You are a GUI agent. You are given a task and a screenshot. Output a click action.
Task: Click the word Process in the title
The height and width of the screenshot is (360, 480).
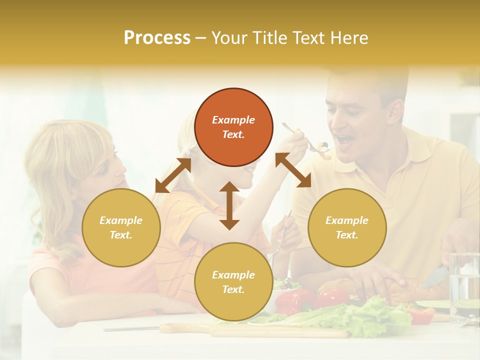[x=157, y=38]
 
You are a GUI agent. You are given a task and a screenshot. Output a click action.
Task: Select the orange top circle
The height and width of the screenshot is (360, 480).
[x=233, y=127]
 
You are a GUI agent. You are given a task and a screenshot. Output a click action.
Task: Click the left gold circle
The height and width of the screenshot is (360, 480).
[x=121, y=227]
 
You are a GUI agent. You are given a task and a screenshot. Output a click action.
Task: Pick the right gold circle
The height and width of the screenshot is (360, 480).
[x=347, y=227]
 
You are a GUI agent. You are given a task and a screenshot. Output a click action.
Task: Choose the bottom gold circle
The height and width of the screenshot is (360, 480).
[x=233, y=282]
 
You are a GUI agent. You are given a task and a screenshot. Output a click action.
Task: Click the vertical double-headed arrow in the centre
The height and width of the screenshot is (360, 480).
[x=229, y=205]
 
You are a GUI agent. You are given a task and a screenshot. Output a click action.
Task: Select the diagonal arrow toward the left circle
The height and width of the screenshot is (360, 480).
[x=173, y=175]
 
